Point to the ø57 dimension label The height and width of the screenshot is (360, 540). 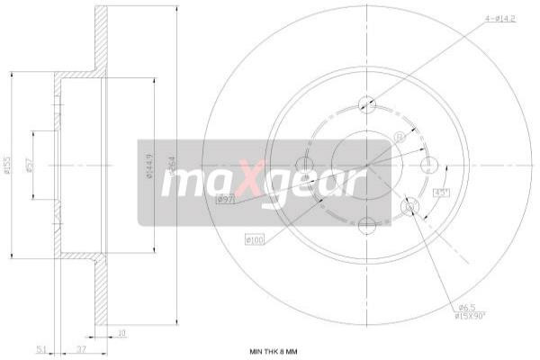(31, 166)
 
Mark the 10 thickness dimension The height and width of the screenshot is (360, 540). (121, 332)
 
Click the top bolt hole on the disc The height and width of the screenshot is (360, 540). (365, 103)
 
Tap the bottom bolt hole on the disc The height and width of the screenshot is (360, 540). (365, 225)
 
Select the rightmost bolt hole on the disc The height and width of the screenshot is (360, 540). (429, 165)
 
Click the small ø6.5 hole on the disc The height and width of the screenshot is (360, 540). (409, 208)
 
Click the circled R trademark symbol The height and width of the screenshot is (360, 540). (398, 138)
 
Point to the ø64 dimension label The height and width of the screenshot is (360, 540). (171, 166)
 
